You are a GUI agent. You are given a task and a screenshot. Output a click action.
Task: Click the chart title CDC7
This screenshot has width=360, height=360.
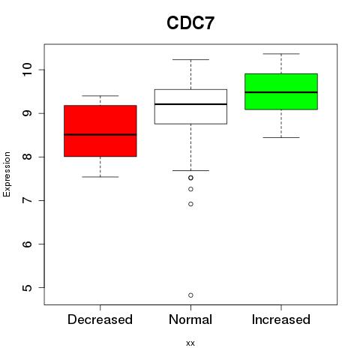click(190, 23)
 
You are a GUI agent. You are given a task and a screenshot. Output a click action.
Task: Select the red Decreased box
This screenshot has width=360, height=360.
click(100, 130)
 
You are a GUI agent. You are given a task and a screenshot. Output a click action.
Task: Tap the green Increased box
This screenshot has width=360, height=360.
click(281, 91)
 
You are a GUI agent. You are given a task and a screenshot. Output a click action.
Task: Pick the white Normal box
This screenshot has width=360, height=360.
click(190, 106)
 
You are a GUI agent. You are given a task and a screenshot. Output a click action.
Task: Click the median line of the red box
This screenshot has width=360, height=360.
click(100, 134)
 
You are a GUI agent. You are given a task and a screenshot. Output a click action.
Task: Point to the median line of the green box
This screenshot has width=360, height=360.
click(281, 92)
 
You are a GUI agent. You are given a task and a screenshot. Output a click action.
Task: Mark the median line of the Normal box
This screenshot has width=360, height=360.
click(190, 104)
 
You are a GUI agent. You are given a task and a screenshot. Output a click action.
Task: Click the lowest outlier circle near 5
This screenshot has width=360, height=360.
click(190, 295)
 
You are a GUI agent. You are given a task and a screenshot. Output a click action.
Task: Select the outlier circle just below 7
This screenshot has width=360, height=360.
click(190, 204)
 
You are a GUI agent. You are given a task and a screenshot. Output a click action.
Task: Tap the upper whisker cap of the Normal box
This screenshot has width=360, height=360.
click(190, 59)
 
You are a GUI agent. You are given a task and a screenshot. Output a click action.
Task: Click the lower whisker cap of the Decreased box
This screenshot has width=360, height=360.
click(100, 177)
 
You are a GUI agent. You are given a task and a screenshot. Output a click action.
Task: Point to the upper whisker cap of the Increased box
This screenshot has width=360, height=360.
click(281, 54)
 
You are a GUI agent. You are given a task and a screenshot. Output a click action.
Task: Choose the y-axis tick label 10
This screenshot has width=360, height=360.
click(27, 70)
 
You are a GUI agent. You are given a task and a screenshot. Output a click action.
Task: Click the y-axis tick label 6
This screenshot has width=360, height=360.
click(27, 244)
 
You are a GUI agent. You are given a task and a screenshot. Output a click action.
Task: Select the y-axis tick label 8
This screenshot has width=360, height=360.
click(27, 157)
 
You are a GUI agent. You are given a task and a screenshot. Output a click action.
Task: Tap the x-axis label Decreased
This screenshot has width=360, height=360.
click(100, 319)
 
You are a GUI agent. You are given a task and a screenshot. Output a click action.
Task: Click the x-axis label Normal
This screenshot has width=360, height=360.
click(190, 319)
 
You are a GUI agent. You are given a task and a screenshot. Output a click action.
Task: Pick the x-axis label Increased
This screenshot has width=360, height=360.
click(281, 319)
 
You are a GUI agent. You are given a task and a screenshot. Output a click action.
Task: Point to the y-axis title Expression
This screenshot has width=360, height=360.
click(7, 174)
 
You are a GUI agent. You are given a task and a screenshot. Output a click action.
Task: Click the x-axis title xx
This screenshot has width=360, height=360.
click(190, 343)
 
